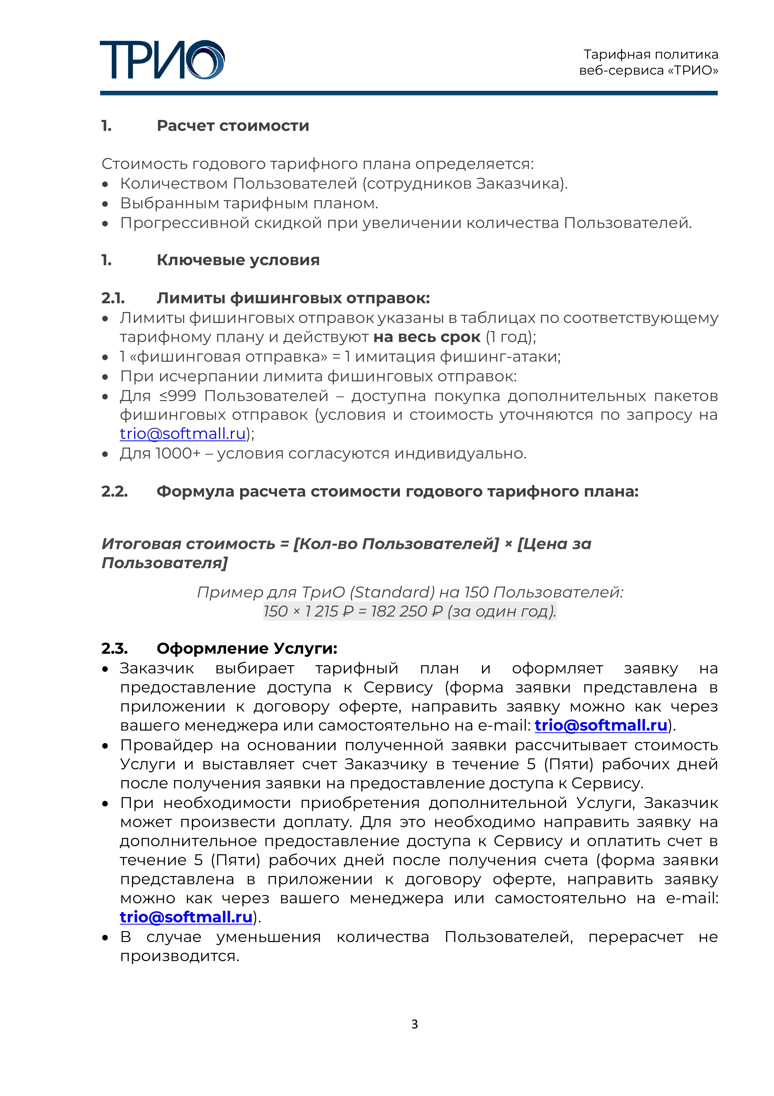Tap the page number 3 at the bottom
coord(414,1024)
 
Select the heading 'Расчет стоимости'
coord(233,126)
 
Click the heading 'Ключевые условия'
coord(238,260)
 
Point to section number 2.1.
coord(113,298)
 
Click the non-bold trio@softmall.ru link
coord(183,434)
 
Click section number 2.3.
coord(114,649)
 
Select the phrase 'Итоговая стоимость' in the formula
coord(188,544)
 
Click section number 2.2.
coord(114,492)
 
